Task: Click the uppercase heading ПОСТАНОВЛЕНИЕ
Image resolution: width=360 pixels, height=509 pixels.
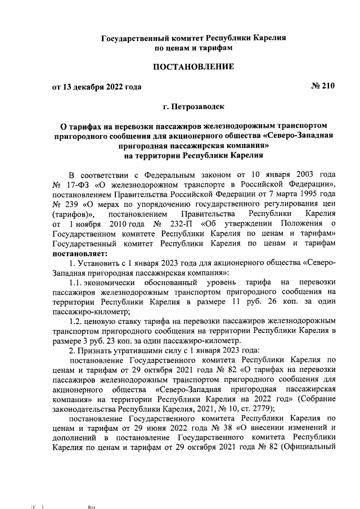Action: point(193,67)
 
